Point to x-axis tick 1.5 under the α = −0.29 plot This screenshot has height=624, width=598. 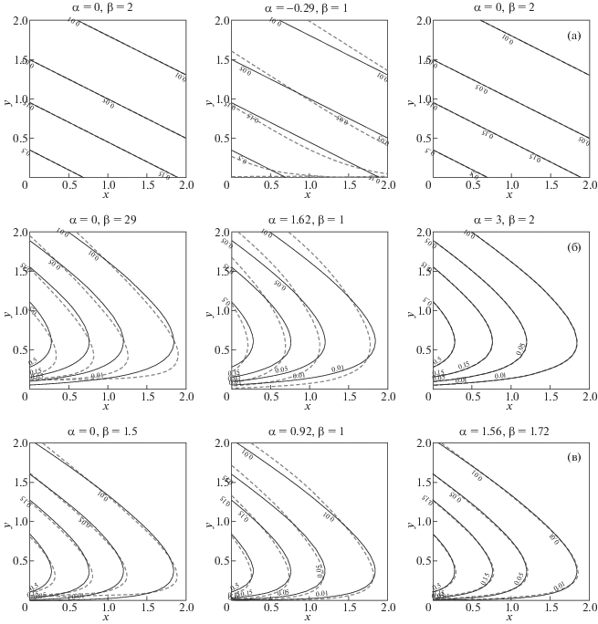[350, 187]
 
